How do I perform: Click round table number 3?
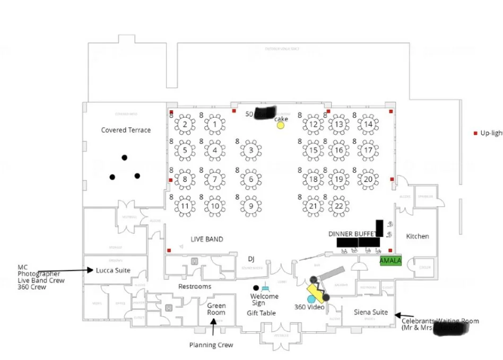coord(251,151)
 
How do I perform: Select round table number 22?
coord(339,206)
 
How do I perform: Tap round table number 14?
coord(368,125)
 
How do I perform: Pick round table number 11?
coord(185,206)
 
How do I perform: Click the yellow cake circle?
coord(280,126)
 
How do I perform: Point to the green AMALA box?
coord(391,260)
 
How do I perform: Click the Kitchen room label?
coord(417,236)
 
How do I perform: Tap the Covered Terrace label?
coord(126,130)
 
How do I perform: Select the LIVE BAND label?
coord(207,239)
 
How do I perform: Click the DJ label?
coord(251,259)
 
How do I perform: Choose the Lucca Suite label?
coord(113,270)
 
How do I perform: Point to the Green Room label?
coord(216,309)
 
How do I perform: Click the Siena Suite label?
coord(371,312)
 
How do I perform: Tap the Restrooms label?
coord(195,286)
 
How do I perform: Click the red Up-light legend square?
coord(475,133)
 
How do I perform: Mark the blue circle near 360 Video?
coord(311,300)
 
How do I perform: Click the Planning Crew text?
coord(211,345)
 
